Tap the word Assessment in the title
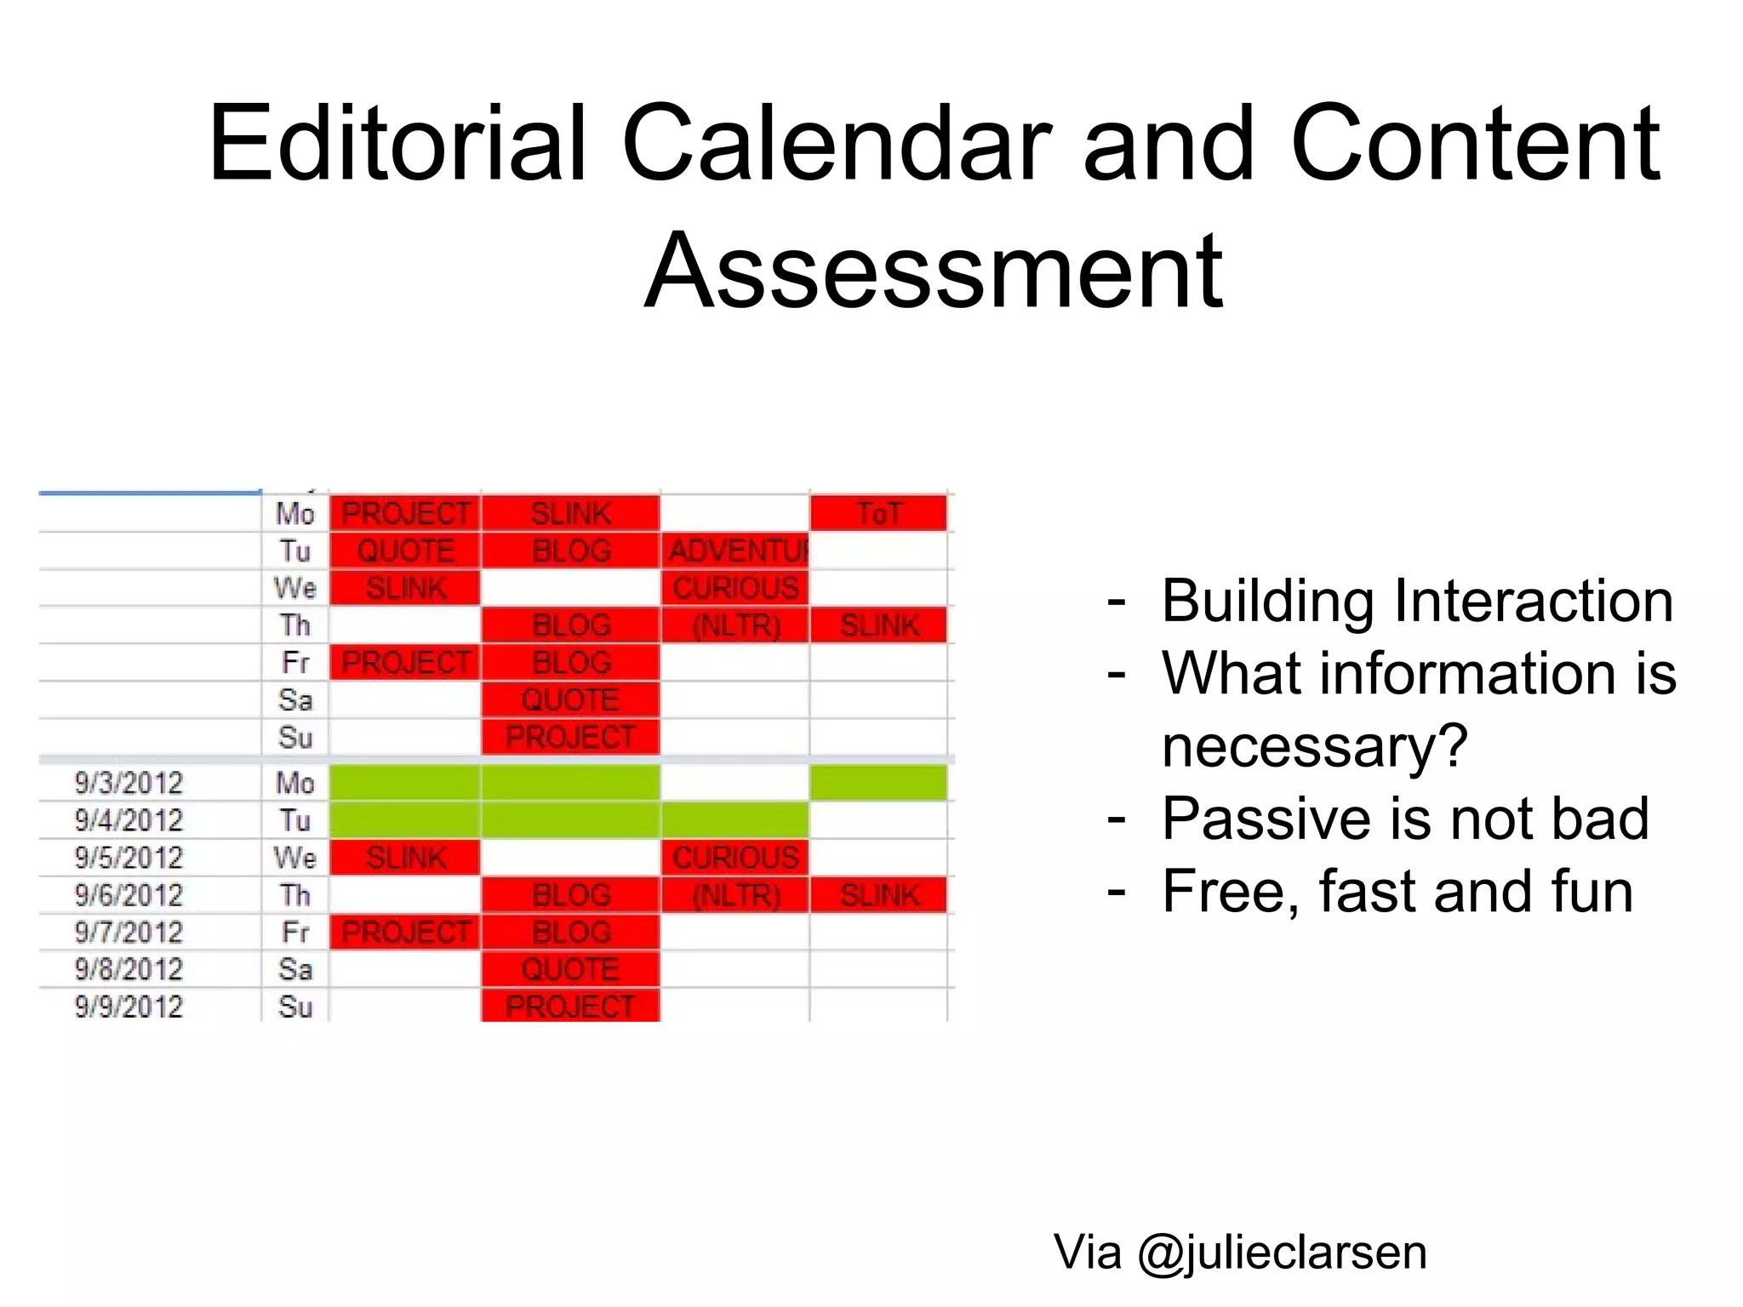(x=934, y=271)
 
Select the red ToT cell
(x=878, y=513)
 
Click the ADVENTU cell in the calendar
(x=735, y=551)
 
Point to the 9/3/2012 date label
(x=129, y=783)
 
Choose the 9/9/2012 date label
(x=129, y=1007)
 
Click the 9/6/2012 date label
(x=129, y=895)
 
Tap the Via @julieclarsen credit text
(x=1240, y=1252)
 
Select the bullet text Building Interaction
(x=1417, y=601)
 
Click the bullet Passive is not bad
(x=1405, y=819)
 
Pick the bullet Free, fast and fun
(x=1397, y=891)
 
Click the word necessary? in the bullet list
(x=1315, y=746)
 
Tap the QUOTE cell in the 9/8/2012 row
(x=570, y=969)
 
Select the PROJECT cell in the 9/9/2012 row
(x=570, y=1007)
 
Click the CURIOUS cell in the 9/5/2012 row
(x=735, y=858)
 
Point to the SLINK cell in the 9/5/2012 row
(x=406, y=858)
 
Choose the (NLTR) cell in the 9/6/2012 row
(x=735, y=895)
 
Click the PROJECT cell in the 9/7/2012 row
(x=406, y=932)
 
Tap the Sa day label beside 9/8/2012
(x=295, y=969)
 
